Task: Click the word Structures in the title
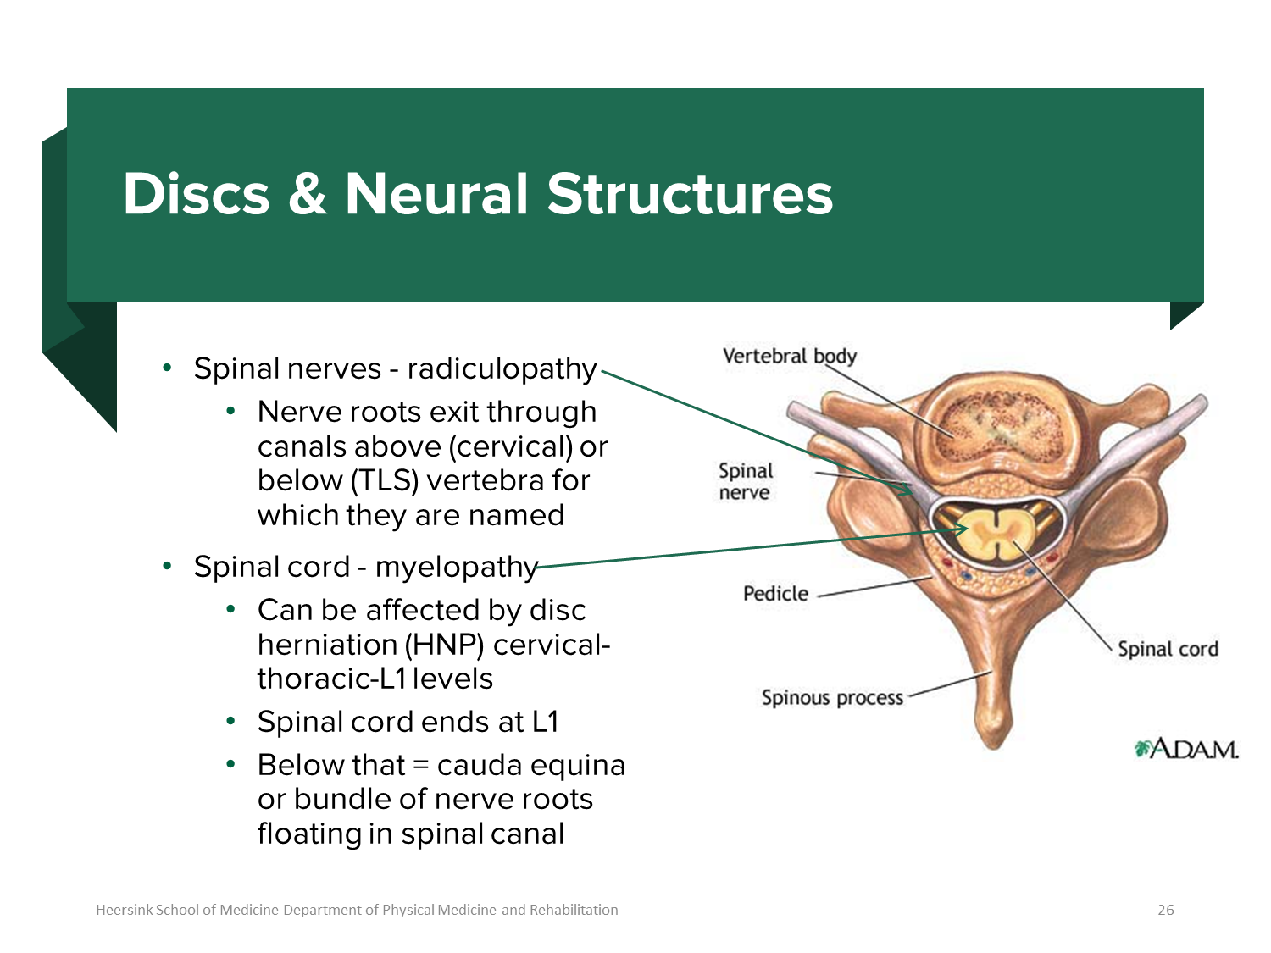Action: click(690, 194)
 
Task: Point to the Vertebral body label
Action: click(789, 356)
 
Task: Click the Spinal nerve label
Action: click(746, 481)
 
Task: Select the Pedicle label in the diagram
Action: click(775, 593)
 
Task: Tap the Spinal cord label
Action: click(1167, 649)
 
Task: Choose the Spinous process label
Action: click(832, 697)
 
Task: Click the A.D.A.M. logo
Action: click(1186, 749)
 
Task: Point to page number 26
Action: click(1166, 910)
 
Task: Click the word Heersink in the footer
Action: click(124, 910)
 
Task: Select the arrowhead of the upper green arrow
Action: click(908, 490)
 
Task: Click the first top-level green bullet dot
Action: click(167, 367)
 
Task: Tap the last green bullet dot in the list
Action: click(230, 763)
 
